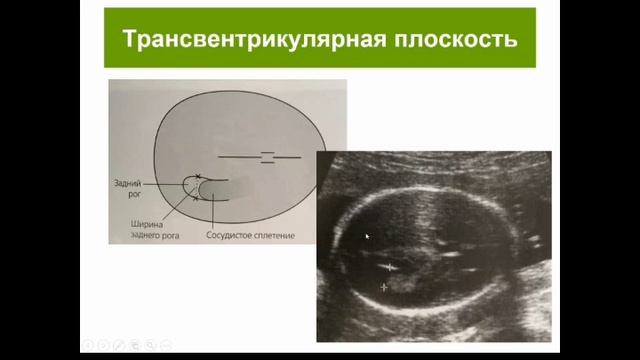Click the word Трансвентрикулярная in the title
[x=254, y=39]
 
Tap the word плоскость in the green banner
[x=456, y=39]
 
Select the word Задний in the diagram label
[x=127, y=184]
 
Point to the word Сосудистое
[x=225, y=235]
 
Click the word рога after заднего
[x=170, y=236]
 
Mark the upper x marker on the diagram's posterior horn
[x=198, y=176]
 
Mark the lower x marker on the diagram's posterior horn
[x=196, y=199]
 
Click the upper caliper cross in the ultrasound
[x=390, y=267]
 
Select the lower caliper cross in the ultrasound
[x=384, y=287]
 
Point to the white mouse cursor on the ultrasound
[x=367, y=236]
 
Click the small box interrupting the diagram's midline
[x=267, y=157]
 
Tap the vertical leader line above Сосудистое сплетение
[x=213, y=211]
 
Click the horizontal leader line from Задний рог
[x=165, y=184]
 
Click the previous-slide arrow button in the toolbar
[x=87, y=345]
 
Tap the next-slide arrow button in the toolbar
[x=103, y=345]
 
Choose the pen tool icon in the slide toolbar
[x=119, y=345]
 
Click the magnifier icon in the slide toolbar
[x=150, y=345]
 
